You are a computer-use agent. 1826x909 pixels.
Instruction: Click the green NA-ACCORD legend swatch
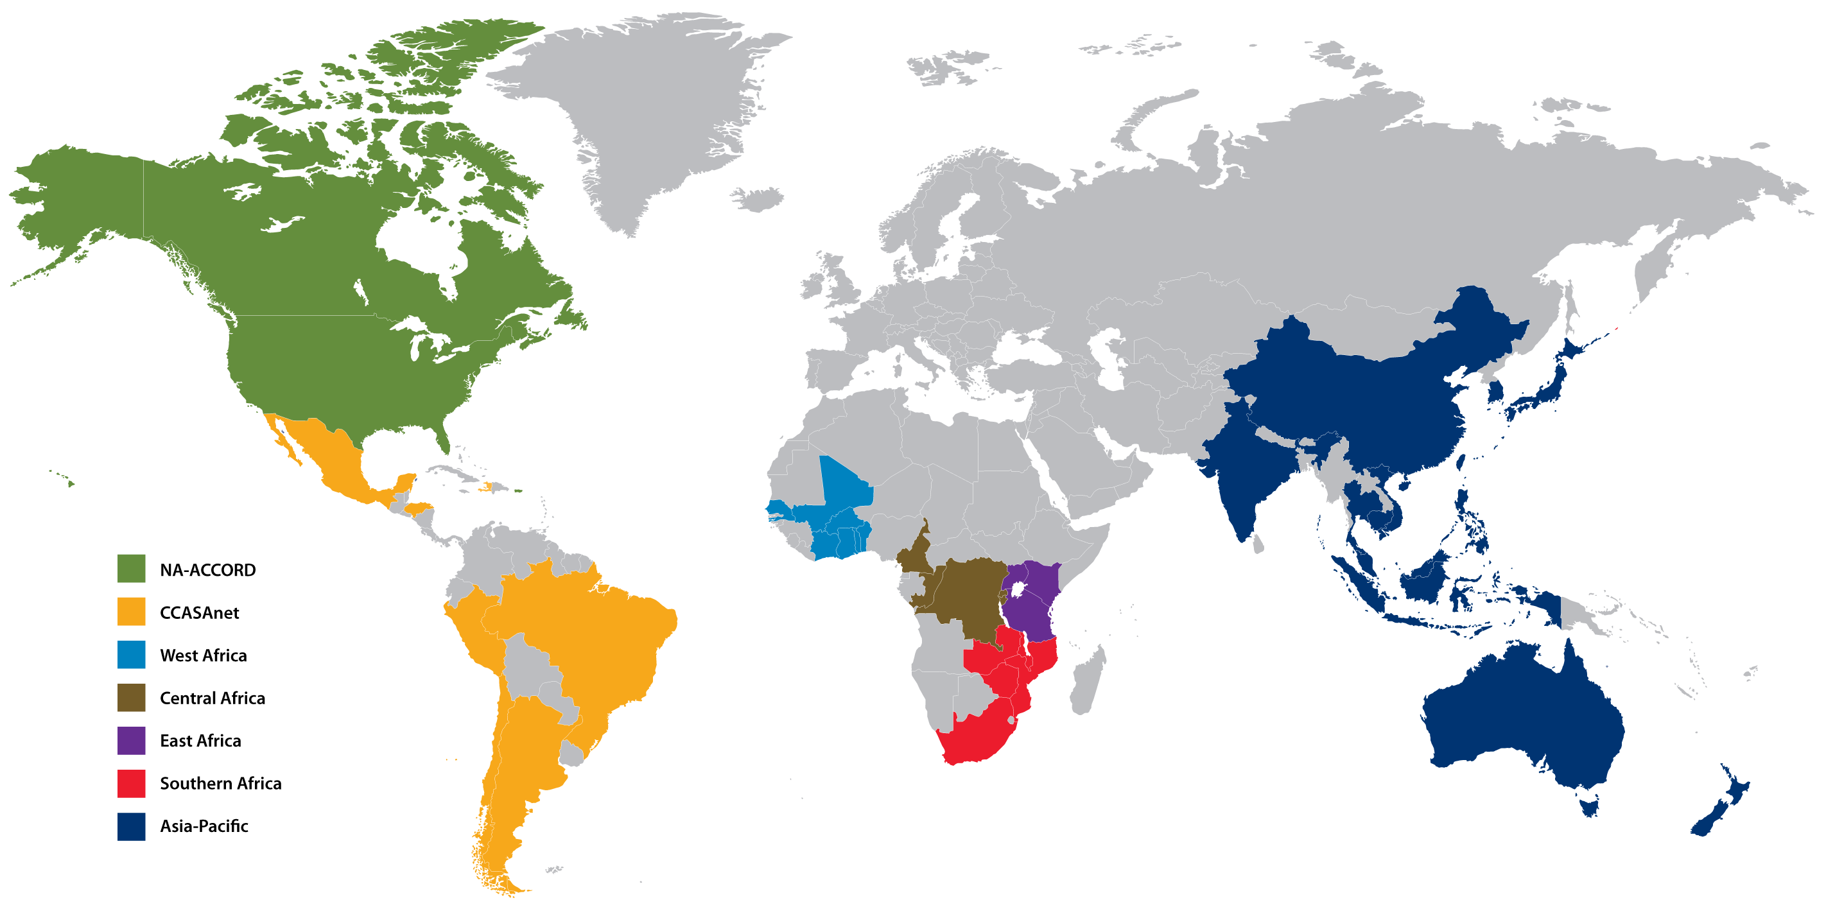click(131, 568)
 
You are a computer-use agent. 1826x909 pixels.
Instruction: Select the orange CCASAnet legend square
click(131, 611)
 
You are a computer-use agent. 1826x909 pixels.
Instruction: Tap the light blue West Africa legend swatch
click(131, 654)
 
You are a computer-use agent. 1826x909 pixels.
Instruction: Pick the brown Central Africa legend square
click(131, 697)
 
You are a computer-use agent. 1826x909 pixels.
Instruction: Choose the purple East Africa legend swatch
click(131, 740)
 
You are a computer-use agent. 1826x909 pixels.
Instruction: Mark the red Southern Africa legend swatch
click(131, 783)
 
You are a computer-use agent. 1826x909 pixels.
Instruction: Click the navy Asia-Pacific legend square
click(131, 826)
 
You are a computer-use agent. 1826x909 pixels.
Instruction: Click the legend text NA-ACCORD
click(207, 569)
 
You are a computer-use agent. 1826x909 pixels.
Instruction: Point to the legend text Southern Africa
click(220, 783)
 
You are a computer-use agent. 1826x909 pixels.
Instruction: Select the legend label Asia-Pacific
click(204, 826)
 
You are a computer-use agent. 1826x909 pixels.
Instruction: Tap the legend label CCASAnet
click(199, 612)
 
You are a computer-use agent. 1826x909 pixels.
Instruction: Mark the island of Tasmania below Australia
click(1590, 806)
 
